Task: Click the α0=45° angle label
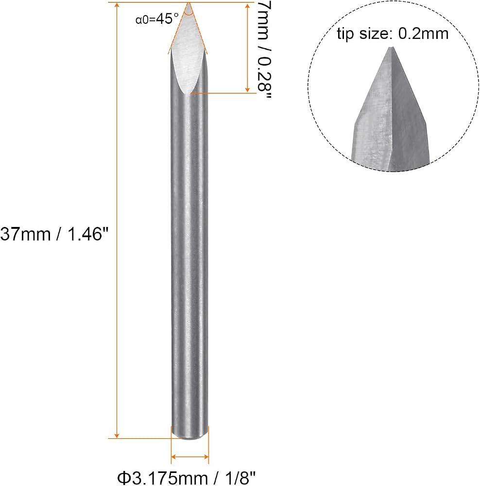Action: pos(157,19)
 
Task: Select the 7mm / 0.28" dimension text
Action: pos(264,50)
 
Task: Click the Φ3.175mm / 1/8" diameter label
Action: pos(187,478)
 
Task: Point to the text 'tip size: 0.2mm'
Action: pos(393,34)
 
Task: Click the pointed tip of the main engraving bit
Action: pos(189,3)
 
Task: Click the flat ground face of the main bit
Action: pos(188,52)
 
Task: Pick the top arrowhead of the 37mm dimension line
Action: pos(117,5)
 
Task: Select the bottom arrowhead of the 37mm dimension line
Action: pos(117,435)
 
